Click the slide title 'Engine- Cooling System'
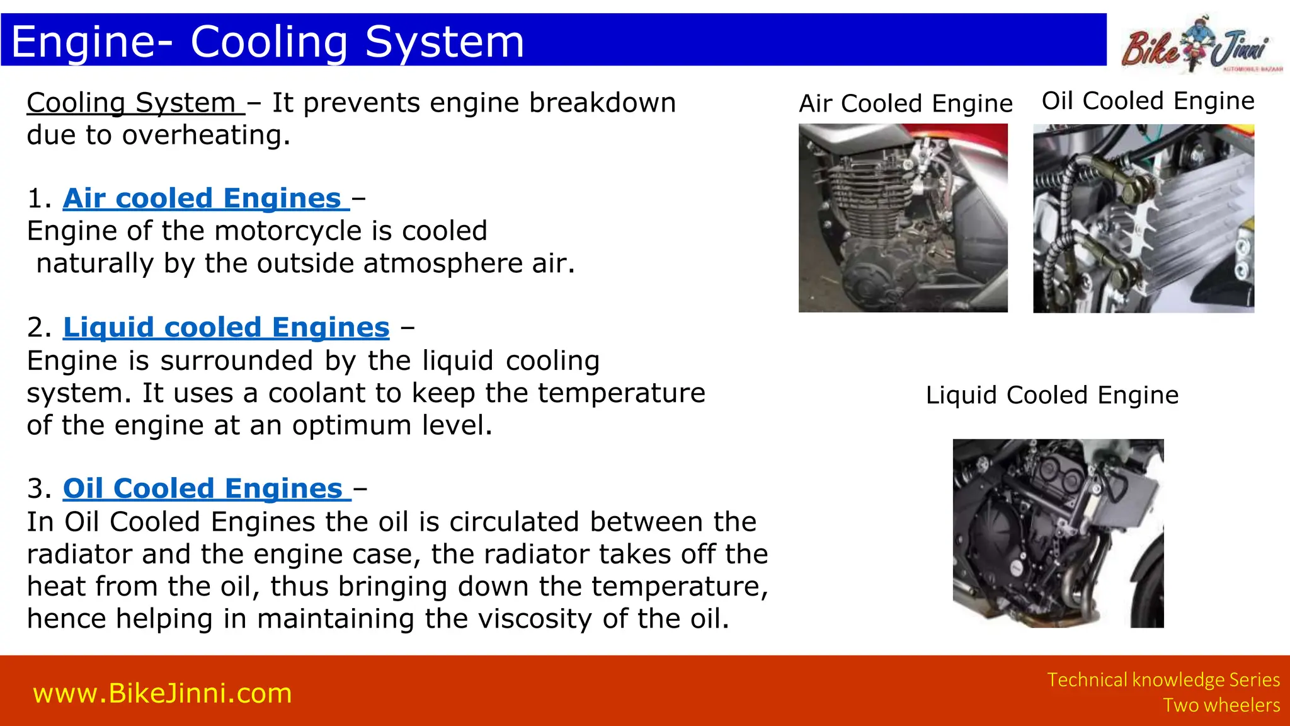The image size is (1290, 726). point(268,42)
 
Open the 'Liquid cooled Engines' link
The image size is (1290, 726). point(226,328)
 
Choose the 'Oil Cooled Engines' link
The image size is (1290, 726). point(203,489)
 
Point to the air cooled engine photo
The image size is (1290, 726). point(903,218)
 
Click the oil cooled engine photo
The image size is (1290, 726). point(1143,218)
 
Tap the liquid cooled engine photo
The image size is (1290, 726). point(1058,533)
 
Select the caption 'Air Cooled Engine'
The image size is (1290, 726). point(906,103)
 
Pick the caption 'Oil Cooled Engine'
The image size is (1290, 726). point(1148,101)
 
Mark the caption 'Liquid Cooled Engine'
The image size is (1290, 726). point(1052,395)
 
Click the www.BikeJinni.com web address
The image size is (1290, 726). point(163,693)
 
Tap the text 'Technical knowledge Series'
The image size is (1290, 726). point(1163,680)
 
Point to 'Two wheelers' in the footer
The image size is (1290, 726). point(1221,705)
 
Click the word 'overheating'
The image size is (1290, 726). point(205,135)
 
